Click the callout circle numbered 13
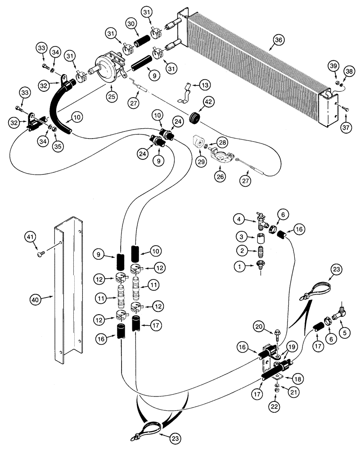[x=205, y=85]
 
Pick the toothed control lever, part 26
[x=224, y=157]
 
